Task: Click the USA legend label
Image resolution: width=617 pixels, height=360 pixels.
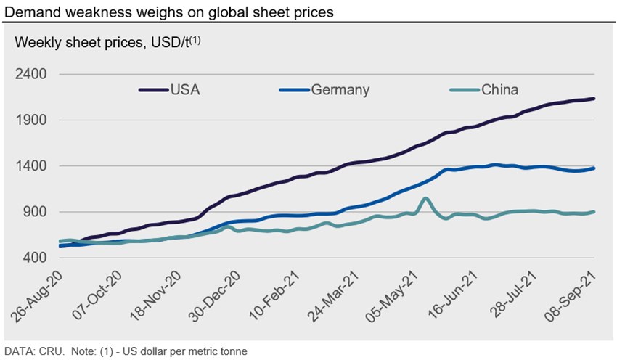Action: (185, 90)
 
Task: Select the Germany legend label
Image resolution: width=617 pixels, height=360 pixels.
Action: (340, 90)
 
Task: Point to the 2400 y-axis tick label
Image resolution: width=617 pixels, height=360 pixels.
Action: (31, 74)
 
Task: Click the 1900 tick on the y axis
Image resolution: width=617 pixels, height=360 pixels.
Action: (31, 120)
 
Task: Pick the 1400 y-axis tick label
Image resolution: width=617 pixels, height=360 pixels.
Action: (31, 166)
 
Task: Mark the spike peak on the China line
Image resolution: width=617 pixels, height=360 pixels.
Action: (426, 198)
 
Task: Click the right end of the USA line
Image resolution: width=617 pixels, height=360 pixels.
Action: (594, 99)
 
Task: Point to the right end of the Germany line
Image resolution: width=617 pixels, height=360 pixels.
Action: (594, 168)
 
